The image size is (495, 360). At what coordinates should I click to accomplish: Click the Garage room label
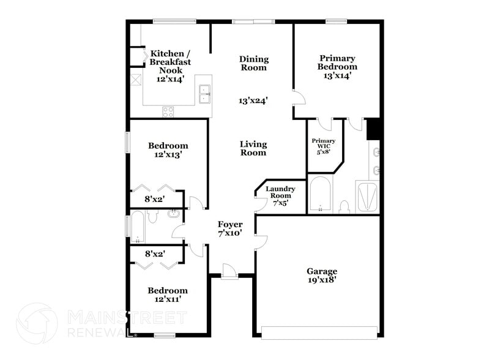[x=322, y=271]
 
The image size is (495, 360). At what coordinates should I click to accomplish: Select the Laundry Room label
[x=280, y=192]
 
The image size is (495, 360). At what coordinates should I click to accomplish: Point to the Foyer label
[x=230, y=225]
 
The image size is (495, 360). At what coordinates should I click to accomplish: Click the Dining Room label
[x=253, y=63]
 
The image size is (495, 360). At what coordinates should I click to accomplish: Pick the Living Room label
[x=253, y=148]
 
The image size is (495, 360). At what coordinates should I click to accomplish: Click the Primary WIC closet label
[x=324, y=146]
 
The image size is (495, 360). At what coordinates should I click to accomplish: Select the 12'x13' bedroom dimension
[x=168, y=155]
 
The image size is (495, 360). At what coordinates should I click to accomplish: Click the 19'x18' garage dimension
[x=322, y=280]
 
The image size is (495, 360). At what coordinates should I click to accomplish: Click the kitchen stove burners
[x=168, y=111]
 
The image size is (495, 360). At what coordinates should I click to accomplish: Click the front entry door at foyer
[x=230, y=272]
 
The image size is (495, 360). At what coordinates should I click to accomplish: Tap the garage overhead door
[x=319, y=332]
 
